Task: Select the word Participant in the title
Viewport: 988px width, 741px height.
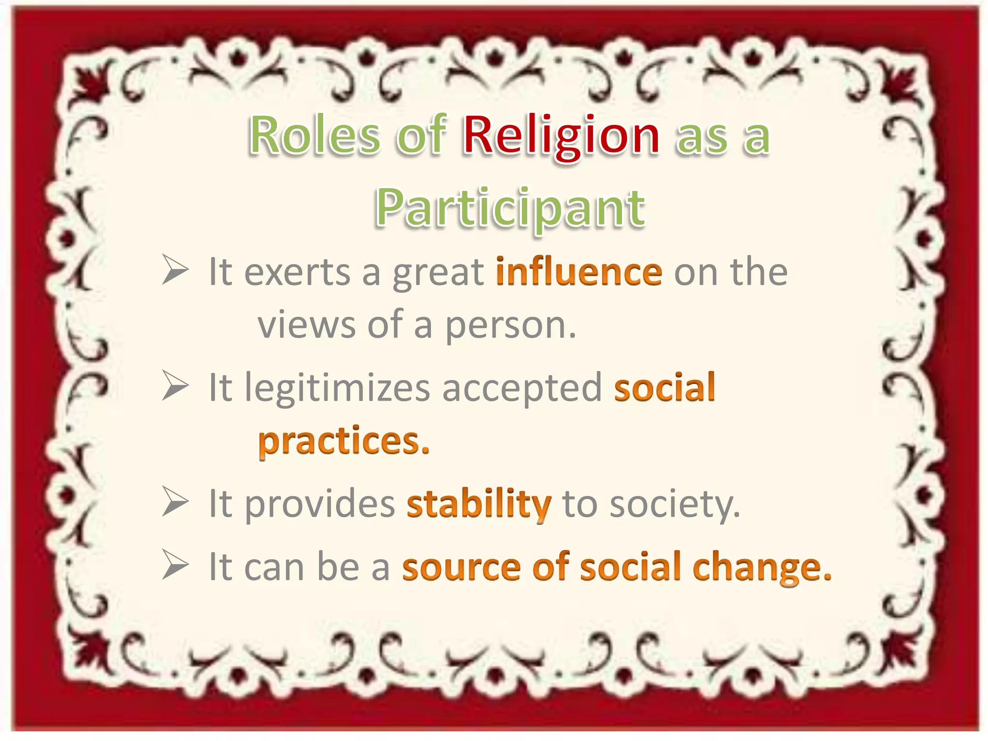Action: point(510,208)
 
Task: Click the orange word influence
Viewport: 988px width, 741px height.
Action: point(579,273)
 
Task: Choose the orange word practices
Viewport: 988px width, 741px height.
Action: point(343,441)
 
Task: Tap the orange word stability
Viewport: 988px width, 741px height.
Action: point(479,504)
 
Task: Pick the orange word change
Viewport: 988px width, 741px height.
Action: point(762,568)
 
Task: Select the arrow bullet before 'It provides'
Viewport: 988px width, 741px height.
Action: point(175,502)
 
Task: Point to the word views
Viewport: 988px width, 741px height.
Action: point(306,325)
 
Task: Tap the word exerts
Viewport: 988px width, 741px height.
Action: point(297,273)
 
